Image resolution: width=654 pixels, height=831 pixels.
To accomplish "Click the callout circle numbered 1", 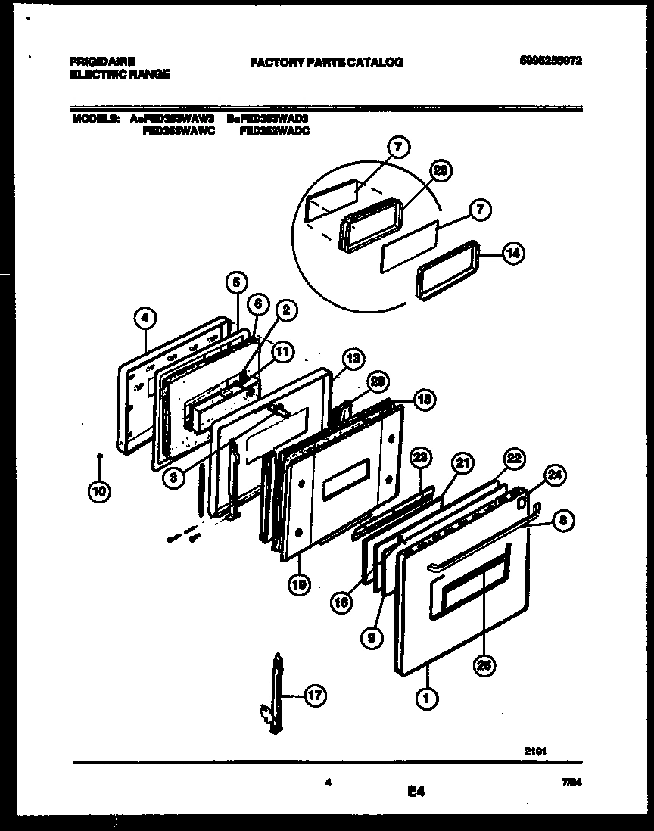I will (x=426, y=699).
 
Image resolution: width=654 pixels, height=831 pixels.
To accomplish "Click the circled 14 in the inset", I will (x=513, y=254).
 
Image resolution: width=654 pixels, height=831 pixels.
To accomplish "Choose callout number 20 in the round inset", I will (x=441, y=172).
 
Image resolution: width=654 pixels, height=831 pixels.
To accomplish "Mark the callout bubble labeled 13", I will (x=352, y=359).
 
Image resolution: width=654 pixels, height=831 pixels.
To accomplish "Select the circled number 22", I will (x=514, y=458).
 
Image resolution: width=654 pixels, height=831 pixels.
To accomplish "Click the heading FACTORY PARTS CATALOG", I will (x=326, y=62).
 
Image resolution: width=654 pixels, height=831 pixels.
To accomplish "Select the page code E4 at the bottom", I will (x=416, y=792).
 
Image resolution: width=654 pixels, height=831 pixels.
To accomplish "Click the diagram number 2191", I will (x=536, y=752).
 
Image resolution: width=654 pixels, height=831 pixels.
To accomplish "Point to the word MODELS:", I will (x=96, y=119).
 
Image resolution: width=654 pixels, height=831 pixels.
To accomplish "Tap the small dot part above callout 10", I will (x=100, y=456).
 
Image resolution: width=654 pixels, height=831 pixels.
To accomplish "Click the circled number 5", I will (x=236, y=282).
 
